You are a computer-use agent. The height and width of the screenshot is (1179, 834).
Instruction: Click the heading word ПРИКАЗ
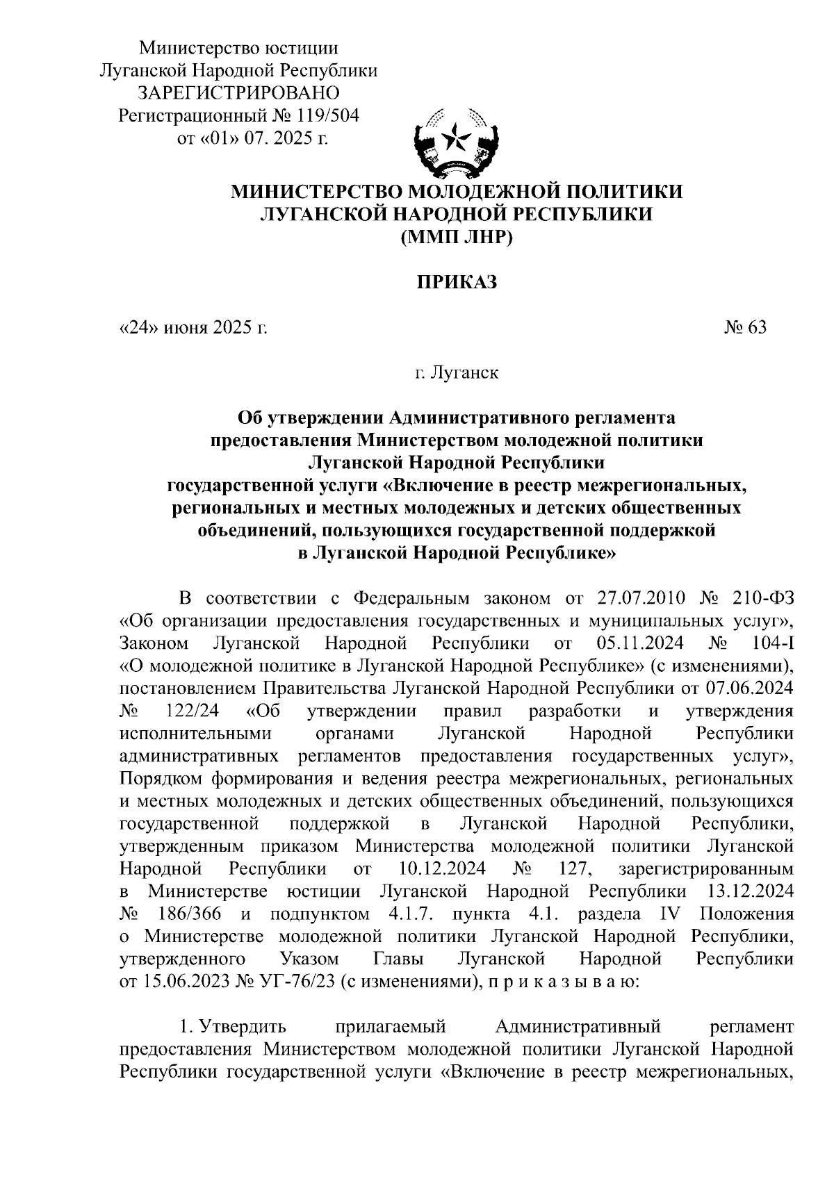(x=457, y=282)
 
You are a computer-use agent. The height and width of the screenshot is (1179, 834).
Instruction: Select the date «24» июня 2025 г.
(x=193, y=327)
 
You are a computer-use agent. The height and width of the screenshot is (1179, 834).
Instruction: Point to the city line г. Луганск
(x=457, y=373)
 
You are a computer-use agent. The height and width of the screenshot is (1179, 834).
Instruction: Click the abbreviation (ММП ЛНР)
(x=457, y=237)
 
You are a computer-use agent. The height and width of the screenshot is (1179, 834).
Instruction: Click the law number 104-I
(x=772, y=643)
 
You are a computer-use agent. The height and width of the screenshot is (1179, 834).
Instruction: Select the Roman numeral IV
(x=667, y=914)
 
